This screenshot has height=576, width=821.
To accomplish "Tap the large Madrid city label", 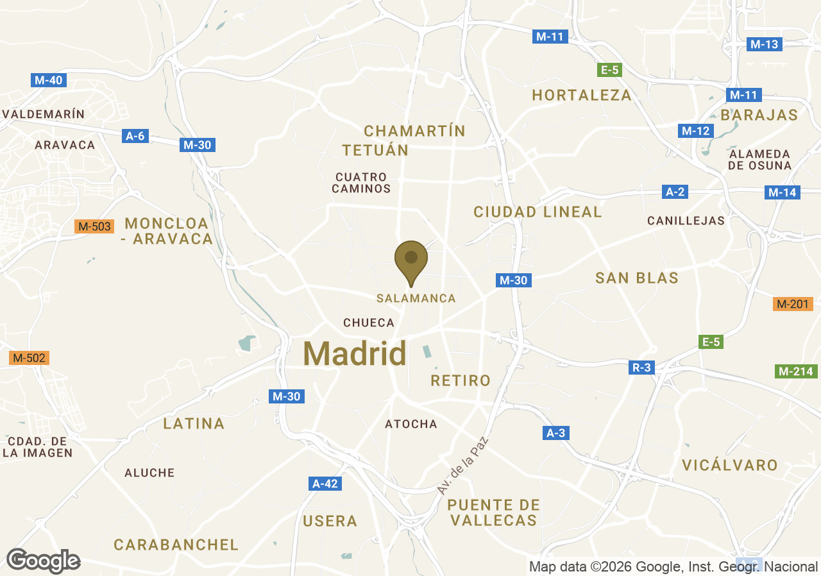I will [355, 353].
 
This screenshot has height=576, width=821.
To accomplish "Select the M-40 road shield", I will [49, 80].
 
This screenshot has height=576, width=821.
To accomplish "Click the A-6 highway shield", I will [135, 136].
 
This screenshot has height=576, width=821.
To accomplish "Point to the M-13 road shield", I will [764, 44].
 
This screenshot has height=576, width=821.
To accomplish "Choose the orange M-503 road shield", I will [94, 226].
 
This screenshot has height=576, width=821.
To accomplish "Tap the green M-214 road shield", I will [795, 371].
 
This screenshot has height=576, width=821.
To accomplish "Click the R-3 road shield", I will [642, 368].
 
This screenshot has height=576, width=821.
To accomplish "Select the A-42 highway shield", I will [325, 484].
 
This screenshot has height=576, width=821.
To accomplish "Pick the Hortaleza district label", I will [582, 96].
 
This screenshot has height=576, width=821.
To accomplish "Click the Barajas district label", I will [759, 115].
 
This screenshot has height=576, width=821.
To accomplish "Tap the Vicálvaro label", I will [730, 465].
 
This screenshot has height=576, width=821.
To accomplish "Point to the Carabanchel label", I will [176, 545].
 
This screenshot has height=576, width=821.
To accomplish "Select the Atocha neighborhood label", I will [411, 424].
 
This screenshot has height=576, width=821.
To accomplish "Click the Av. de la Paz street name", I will [463, 466].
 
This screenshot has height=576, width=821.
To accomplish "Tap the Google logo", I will [43, 561].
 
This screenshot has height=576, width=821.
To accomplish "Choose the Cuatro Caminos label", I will [362, 183].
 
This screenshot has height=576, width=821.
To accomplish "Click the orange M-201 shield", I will [792, 304].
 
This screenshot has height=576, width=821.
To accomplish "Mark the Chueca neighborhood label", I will [369, 323].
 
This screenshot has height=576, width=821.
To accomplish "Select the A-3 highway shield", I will [556, 434].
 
